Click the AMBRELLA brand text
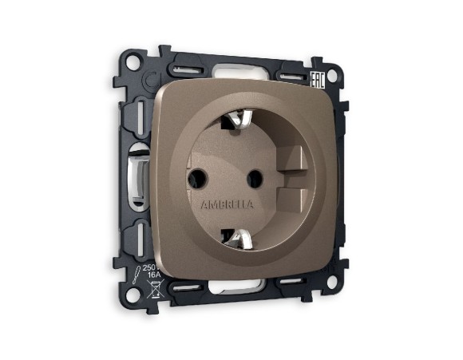coord(228,204)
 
